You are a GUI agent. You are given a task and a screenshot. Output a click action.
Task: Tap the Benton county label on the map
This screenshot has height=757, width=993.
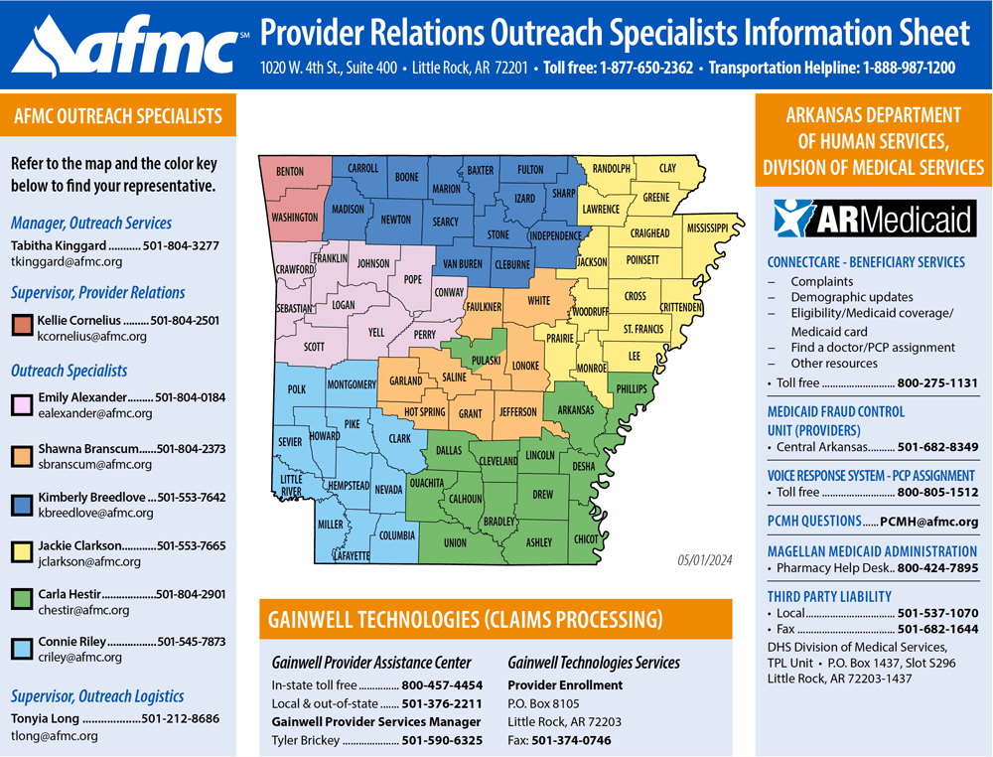[290, 172]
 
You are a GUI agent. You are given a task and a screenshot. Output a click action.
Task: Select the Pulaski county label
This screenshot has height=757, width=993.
[485, 360]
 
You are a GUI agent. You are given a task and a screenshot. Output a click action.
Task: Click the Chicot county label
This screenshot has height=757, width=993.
[586, 538]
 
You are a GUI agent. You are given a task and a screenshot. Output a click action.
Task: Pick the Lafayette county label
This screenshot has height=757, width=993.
[351, 555]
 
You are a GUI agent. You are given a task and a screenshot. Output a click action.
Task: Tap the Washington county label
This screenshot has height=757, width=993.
[294, 217]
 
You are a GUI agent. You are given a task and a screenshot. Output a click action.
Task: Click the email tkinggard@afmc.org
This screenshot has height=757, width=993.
[67, 262]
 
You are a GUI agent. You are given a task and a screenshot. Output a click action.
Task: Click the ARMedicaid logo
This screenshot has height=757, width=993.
[873, 219]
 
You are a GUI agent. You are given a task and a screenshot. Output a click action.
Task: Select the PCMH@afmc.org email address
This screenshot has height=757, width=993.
[928, 522]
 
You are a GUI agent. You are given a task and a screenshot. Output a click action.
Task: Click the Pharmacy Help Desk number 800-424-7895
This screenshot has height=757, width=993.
[937, 568]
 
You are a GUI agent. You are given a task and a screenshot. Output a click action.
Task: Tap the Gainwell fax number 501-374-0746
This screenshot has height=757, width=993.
[571, 740]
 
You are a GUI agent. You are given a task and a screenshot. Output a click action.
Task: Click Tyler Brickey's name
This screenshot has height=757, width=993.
[305, 740]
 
